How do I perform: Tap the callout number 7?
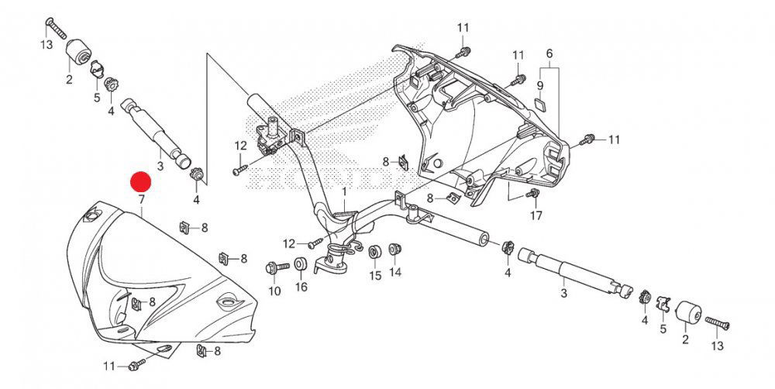141,200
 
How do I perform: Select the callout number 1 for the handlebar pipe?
345,191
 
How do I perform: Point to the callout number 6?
549,53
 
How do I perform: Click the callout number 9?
540,84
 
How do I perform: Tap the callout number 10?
273,291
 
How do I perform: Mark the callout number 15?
375,275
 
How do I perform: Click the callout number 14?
395,272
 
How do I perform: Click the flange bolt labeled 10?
273,268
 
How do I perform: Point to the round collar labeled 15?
374,253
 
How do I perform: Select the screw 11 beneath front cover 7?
136,363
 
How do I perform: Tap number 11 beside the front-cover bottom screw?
110,365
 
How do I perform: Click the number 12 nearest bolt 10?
289,243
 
